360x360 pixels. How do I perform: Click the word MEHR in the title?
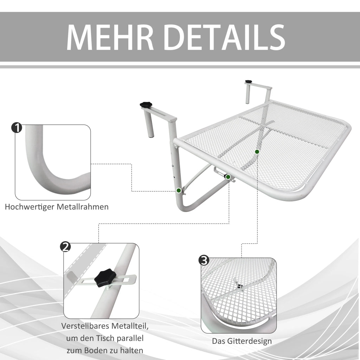[x=110, y=37]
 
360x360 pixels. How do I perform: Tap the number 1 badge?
[x=17, y=128]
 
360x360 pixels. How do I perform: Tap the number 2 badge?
[x=65, y=247]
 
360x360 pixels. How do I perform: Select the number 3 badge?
[x=204, y=261]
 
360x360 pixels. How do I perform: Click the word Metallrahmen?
[x=83, y=207]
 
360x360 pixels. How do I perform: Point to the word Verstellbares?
[x=86, y=326]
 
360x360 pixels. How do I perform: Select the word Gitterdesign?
[x=249, y=341]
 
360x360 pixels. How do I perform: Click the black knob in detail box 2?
[x=103, y=278]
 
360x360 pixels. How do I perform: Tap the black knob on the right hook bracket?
[x=249, y=82]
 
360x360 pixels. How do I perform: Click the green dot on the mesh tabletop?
[x=257, y=152]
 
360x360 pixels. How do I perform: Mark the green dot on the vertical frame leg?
[x=179, y=190]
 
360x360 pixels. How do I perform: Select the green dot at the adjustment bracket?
[x=228, y=177]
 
